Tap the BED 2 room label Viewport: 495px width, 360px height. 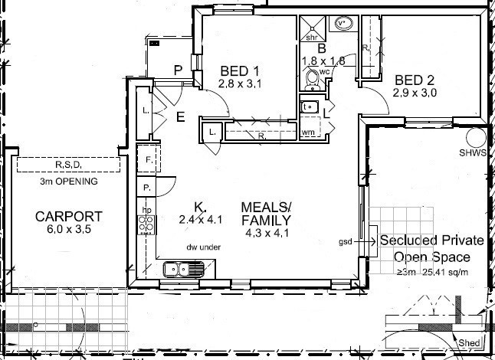click(415, 80)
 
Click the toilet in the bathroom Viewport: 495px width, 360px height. click(312, 79)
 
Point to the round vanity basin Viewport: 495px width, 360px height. click(343, 24)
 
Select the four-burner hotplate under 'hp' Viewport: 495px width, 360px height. click(146, 224)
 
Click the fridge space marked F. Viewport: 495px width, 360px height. click(148, 159)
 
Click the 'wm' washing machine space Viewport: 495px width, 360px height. click(309, 132)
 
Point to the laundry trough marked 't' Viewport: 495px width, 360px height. click(310, 107)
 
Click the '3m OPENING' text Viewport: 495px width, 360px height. click(68, 182)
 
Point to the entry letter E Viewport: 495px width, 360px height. click(181, 117)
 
